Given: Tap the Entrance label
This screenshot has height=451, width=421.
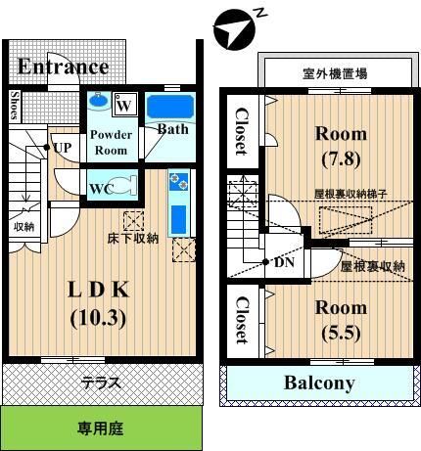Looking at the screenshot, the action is click(x=63, y=67).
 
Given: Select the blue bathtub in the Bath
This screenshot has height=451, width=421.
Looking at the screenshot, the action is click(x=170, y=107).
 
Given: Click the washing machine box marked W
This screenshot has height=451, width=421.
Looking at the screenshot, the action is click(x=124, y=105).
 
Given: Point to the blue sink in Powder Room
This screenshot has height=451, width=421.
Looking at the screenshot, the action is click(x=99, y=100).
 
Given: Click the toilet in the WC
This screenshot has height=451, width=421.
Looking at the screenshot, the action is click(x=124, y=186).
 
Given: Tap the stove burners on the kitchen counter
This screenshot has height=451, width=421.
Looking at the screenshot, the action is click(x=179, y=181).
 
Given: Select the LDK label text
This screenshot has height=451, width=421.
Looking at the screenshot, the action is click(x=99, y=290).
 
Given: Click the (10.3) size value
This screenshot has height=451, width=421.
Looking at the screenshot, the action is click(x=98, y=318).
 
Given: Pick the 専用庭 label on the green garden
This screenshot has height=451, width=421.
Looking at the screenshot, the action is click(x=101, y=428).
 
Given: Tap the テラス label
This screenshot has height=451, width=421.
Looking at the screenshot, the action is click(x=101, y=383).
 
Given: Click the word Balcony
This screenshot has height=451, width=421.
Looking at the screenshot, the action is click(x=319, y=383).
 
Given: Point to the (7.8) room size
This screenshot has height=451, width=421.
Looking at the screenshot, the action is click(x=341, y=158).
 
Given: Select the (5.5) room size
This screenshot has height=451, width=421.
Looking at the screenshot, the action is click(x=341, y=333).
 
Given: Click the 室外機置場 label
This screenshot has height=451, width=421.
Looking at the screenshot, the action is click(x=335, y=73).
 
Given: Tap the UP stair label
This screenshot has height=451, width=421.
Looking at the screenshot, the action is click(x=63, y=148).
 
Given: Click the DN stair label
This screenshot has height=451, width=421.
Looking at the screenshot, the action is click(x=284, y=262).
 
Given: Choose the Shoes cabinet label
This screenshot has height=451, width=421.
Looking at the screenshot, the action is click(x=15, y=105).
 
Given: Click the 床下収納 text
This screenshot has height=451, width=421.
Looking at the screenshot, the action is click(x=133, y=239).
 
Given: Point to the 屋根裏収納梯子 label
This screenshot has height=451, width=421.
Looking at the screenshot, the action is click(x=351, y=195).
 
